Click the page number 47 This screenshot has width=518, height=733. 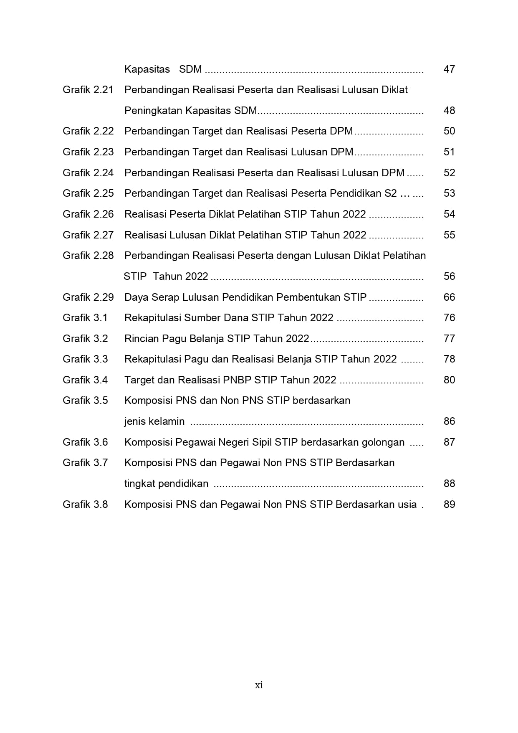point(449,69)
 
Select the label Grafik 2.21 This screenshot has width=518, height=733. point(88,90)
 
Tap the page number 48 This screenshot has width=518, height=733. point(449,111)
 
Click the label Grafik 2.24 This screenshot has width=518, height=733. point(88,173)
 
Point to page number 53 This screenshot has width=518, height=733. point(449,193)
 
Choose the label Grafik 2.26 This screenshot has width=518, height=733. point(88,214)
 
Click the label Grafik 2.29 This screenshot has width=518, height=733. point(88,297)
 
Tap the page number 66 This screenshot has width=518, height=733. point(449,297)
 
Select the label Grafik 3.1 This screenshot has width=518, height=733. point(85,318)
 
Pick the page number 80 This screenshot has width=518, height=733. point(449,380)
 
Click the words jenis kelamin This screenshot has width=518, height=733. point(154,421)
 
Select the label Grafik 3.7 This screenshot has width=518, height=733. point(85,463)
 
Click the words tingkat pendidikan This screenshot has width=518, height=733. point(166,484)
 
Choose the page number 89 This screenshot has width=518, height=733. point(449,505)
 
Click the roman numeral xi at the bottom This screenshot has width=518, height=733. point(259,685)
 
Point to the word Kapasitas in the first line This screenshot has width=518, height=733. point(147,69)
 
